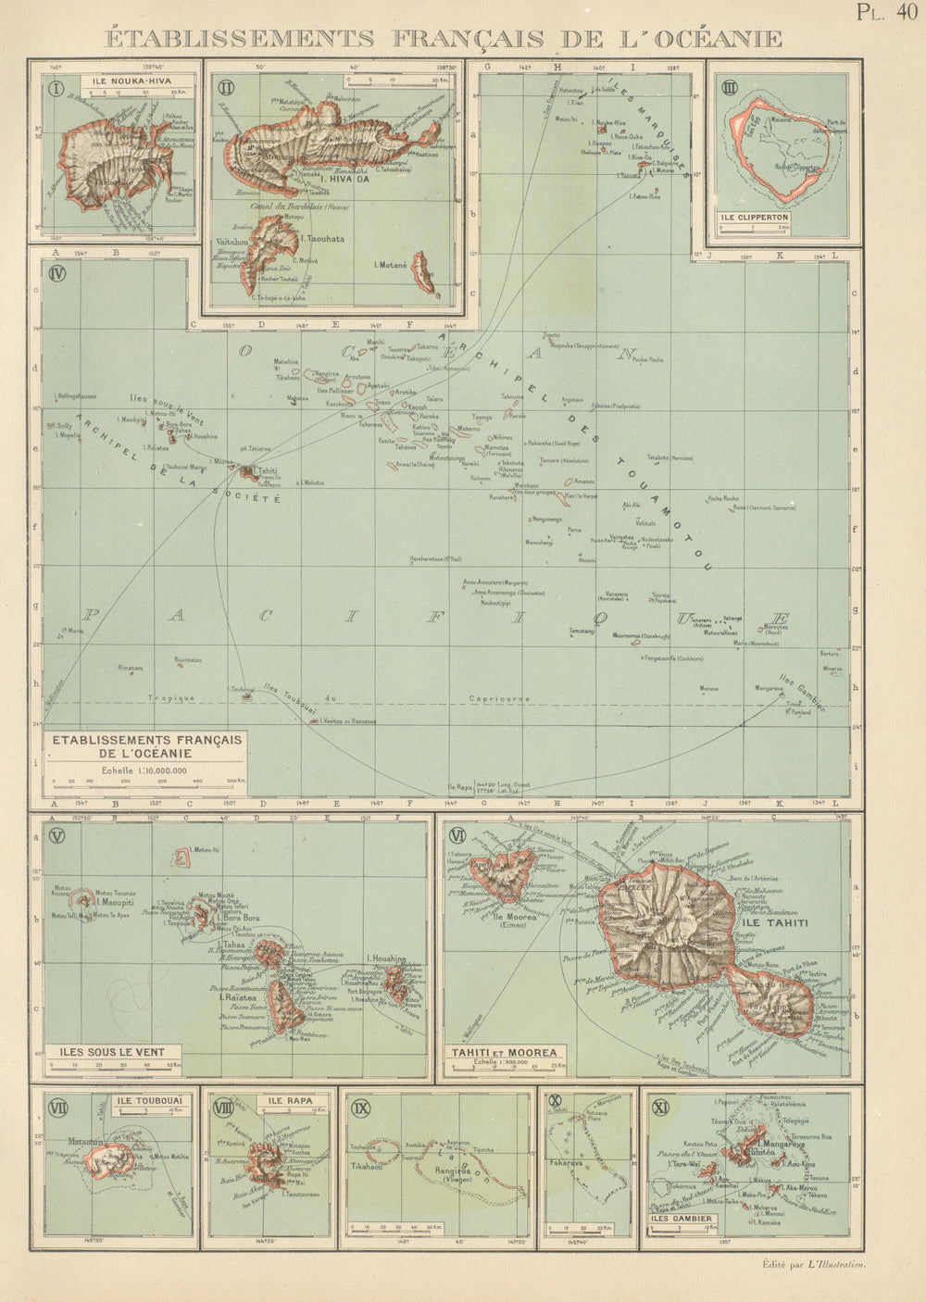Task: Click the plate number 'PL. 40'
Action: coord(886,12)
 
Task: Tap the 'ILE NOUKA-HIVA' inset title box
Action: coord(136,81)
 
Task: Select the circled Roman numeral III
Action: coord(730,88)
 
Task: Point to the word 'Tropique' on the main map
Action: coord(171,697)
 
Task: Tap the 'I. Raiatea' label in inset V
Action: coord(237,998)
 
